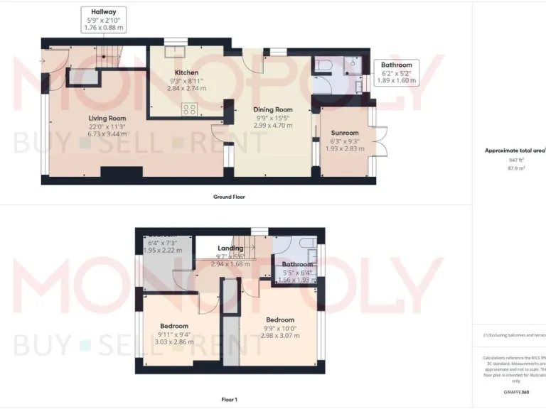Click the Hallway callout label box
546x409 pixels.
(104, 20)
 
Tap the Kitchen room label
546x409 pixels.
(186, 72)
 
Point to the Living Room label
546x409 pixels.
(107, 118)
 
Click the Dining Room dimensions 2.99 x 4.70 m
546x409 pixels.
(273, 125)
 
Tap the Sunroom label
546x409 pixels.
(345, 133)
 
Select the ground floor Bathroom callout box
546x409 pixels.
(396, 72)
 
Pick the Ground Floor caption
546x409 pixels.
(229, 197)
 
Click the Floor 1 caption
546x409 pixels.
(229, 400)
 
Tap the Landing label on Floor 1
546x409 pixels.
(230, 248)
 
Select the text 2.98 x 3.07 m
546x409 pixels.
(280, 336)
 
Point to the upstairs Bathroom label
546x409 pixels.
(297, 264)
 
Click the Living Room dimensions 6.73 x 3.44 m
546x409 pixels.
(107, 133)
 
